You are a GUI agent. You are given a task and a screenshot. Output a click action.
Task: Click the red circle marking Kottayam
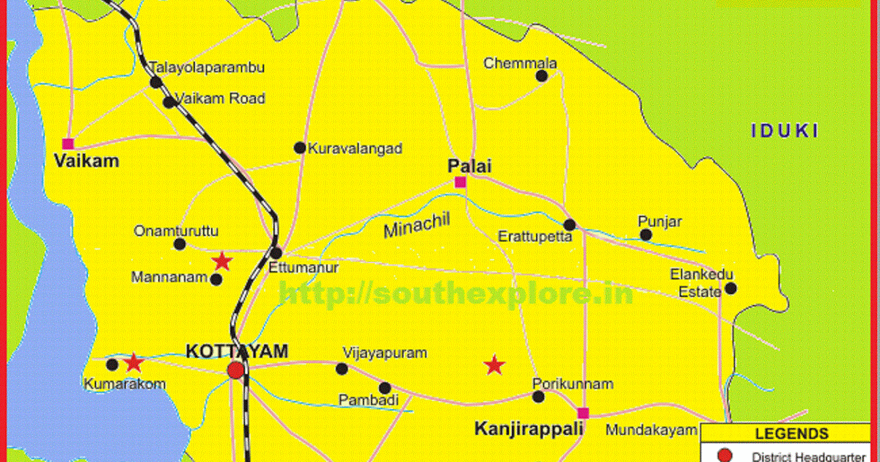click(235, 370)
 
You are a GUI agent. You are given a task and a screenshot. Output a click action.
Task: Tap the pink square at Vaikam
click(68, 144)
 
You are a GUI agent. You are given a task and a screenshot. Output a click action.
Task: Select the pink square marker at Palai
click(460, 182)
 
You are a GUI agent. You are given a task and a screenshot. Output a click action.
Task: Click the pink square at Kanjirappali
click(583, 412)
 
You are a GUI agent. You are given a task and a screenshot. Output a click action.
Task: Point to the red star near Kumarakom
click(133, 362)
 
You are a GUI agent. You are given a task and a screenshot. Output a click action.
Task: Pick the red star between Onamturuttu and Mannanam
click(221, 261)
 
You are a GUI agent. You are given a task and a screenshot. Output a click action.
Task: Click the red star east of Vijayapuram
click(495, 364)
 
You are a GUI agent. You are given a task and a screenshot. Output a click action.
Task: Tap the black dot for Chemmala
click(542, 76)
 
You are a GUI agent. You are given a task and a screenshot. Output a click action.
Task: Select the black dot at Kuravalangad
click(299, 147)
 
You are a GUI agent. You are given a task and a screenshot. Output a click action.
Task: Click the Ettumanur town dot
click(276, 253)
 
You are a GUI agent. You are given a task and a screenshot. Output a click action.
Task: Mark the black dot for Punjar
click(645, 235)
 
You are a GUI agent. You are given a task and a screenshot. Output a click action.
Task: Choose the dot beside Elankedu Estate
click(730, 289)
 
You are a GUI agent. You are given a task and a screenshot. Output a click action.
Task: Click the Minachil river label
click(415, 225)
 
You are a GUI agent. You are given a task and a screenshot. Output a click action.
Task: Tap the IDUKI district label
click(784, 131)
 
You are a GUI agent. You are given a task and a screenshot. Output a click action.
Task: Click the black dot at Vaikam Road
click(169, 102)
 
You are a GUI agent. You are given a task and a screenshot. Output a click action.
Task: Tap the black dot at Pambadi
click(385, 388)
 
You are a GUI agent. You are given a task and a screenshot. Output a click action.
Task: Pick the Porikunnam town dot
click(538, 397)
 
